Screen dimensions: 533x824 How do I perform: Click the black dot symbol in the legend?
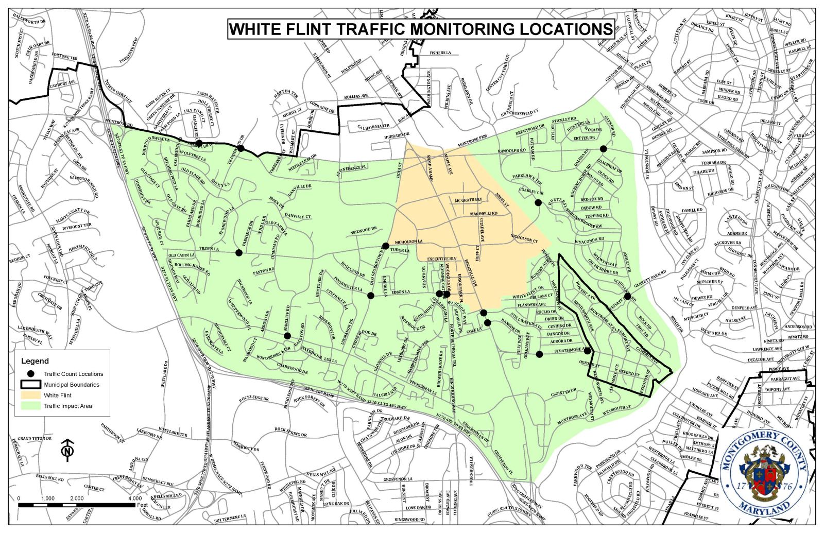pyautogui.click(x=30, y=374)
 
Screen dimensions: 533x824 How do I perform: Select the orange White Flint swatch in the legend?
pyautogui.click(x=30, y=395)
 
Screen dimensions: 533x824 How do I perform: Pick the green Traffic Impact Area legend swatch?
pyautogui.click(x=30, y=406)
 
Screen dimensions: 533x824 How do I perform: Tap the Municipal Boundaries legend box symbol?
pyautogui.click(x=30, y=384)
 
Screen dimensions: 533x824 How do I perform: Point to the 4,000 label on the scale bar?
pyautogui.click(x=134, y=498)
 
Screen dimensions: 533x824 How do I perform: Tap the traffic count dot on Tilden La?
pyautogui.click(x=238, y=252)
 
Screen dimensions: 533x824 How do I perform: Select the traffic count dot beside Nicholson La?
pyautogui.click(x=386, y=246)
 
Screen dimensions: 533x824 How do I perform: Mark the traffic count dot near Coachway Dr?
pyautogui.click(x=603, y=149)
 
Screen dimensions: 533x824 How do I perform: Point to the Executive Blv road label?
pyautogui.click(x=442, y=259)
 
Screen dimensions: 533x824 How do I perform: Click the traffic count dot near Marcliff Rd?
pyautogui.click(x=287, y=336)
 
